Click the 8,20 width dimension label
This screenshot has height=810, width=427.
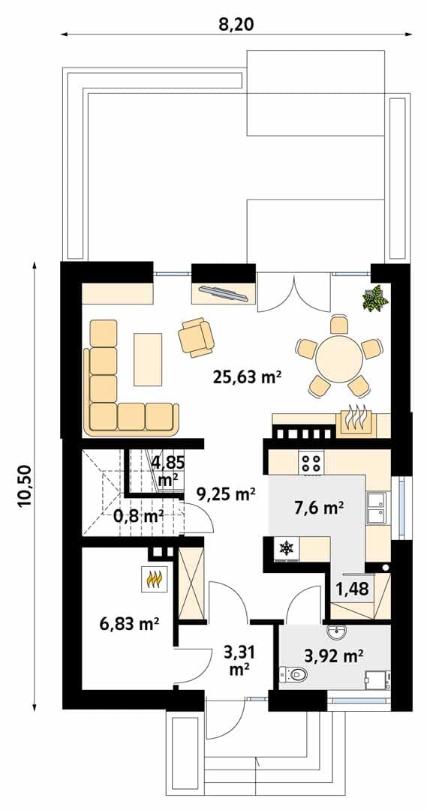pyautogui.click(x=236, y=24)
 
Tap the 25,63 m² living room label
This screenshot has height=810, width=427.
pyautogui.click(x=247, y=377)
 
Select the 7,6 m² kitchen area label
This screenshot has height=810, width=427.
pyautogui.click(x=319, y=508)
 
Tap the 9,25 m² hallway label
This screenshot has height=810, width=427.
pyautogui.click(x=226, y=494)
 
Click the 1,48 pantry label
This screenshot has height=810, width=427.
pyautogui.click(x=353, y=589)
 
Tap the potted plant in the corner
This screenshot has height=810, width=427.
pyautogui.click(x=374, y=298)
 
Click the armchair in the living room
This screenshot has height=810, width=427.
pyautogui.click(x=196, y=337)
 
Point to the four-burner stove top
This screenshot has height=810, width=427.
pyautogui.click(x=311, y=461)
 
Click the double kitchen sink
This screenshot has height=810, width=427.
pyautogui.click(x=376, y=507)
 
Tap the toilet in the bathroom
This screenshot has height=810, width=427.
pyautogui.click(x=293, y=674)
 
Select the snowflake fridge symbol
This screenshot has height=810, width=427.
pyautogui.click(x=285, y=547)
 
